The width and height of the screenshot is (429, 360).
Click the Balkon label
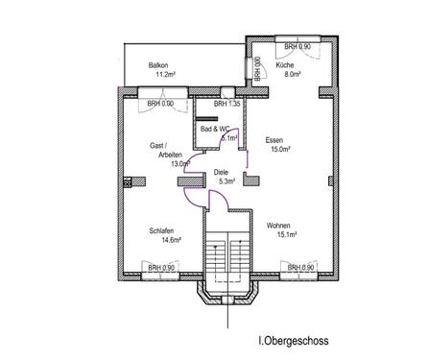(x=158, y=65)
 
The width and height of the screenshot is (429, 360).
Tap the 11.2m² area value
(x=165, y=75)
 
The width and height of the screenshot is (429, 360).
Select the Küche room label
(x=285, y=65)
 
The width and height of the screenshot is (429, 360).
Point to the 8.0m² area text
(x=293, y=74)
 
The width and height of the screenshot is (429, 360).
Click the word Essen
(x=274, y=140)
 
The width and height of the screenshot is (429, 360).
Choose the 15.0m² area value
(x=280, y=149)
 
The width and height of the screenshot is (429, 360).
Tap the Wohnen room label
(x=278, y=226)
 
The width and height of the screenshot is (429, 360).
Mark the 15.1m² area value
(x=287, y=235)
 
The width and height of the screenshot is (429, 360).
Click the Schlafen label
(x=161, y=230)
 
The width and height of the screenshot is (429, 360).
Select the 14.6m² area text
(x=172, y=240)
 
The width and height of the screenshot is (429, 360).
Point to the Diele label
(x=221, y=173)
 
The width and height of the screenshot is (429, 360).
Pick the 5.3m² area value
(x=227, y=181)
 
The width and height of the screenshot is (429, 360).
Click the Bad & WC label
(x=215, y=129)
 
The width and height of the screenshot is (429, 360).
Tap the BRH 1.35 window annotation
(x=226, y=104)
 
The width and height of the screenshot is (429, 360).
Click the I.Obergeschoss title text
(x=294, y=341)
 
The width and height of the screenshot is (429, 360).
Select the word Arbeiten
(x=171, y=155)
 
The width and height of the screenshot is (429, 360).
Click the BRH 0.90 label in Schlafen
(x=161, y=268)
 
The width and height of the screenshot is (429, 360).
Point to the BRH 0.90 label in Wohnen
(x=300, y=268)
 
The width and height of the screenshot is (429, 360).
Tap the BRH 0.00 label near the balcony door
(x=160, y=104)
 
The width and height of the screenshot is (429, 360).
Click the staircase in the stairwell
(x=227, y=252)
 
